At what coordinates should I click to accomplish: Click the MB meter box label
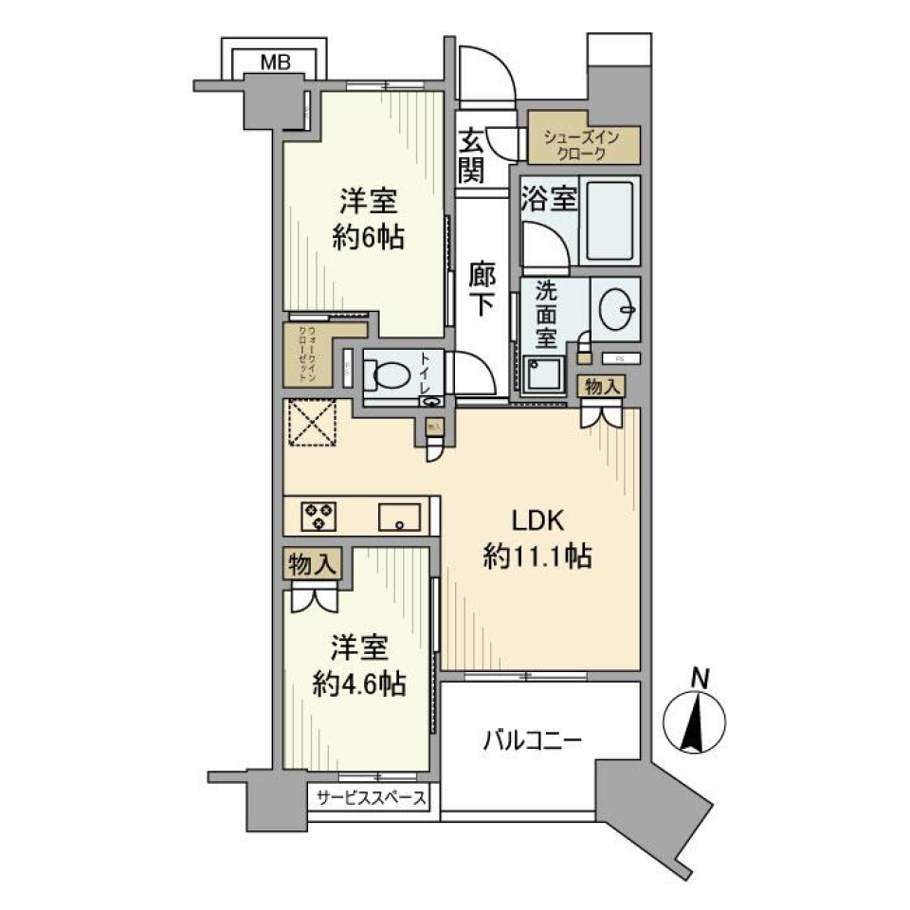(x=275, y=64)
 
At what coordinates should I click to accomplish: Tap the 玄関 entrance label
(x=470, y=155)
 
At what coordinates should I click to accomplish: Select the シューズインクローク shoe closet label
(x=581, y=145)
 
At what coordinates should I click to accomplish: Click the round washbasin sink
(x=617, y=305)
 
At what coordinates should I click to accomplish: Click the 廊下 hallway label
(x=482, y=289)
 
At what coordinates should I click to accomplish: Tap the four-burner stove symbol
(x=317, y=516)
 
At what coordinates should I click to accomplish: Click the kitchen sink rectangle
(x=401, y=519)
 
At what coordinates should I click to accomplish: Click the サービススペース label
(x=371, y=798)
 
